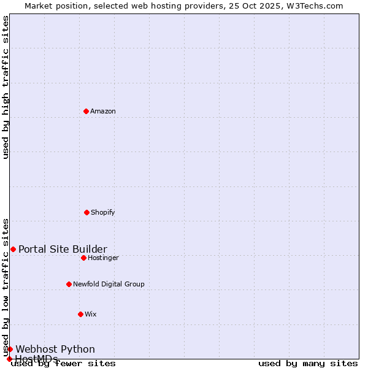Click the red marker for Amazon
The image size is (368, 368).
pos(86,111)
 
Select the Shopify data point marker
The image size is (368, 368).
pos(86,212)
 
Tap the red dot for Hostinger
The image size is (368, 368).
pos(83,258)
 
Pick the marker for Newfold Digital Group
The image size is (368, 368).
pos(69,284)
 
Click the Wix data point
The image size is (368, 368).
pos(80,314)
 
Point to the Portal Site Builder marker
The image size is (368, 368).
pos(13,249)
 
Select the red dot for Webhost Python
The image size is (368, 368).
pos(10,349)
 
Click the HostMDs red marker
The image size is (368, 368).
pos(9,359)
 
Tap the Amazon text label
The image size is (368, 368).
pos(103,111)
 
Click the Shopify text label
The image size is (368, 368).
pos(103,212)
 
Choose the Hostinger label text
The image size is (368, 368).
pos(103,258)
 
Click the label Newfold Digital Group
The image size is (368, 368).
pos(109,284)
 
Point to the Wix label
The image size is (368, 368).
pos(91,314)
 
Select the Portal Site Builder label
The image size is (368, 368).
pos(63,249)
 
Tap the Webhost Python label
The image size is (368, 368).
pos(55,349)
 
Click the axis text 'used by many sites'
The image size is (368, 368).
pos(308,364)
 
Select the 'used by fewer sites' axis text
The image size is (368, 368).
pos(64,364)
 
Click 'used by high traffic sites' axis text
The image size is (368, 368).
pos(6,87)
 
